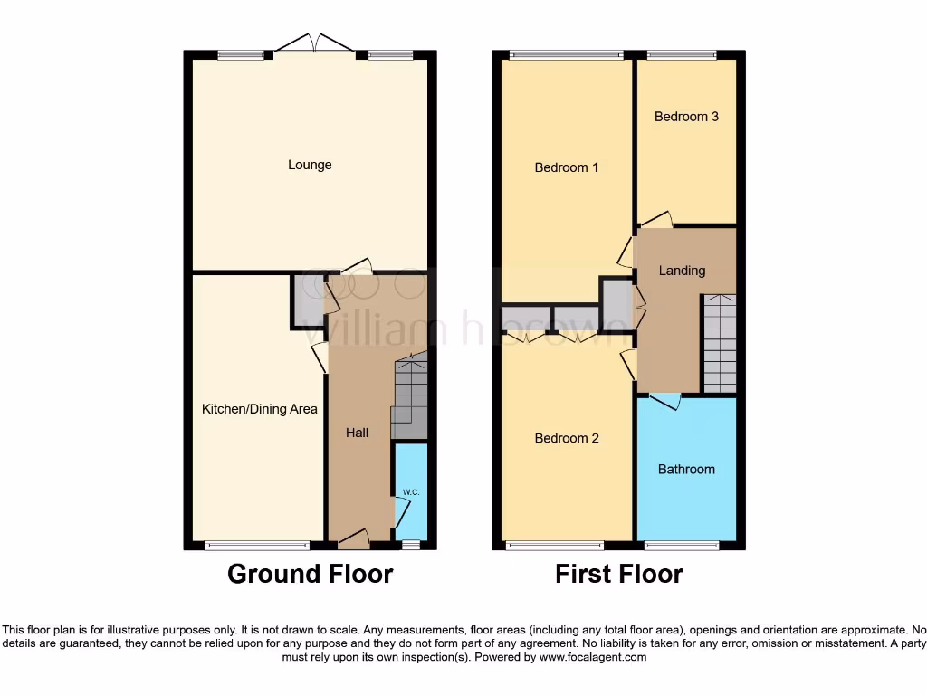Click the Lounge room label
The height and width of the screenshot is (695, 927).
click(x=310, y=165)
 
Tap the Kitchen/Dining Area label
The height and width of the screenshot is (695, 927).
click(x=259, y=409)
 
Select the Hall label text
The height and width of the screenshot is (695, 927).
click(x=357, y=433)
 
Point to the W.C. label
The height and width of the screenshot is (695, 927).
click(x=409, y=491)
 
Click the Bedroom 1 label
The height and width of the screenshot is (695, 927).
click(x=567, y=167)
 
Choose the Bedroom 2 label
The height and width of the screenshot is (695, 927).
click(x=567, y=438)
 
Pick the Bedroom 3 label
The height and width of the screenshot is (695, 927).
click(x=686, y=117)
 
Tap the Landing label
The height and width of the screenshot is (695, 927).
click(x=682, y=270)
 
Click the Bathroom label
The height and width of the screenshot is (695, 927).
click(x=686, y=469)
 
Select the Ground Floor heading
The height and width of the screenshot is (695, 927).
click(x=310, y=574)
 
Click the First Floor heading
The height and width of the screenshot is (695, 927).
click(x=619, y=574)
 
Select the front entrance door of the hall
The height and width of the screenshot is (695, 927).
click(x=353, y=539)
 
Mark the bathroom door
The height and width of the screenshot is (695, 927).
click(x=666, y=401)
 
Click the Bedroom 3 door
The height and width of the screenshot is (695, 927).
click(x=656, y=219)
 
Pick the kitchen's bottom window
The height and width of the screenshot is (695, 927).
click(x=257, y=545)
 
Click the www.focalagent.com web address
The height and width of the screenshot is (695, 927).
click(x=594, y=657)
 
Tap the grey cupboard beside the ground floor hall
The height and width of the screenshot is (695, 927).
click(x=306, y=301)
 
